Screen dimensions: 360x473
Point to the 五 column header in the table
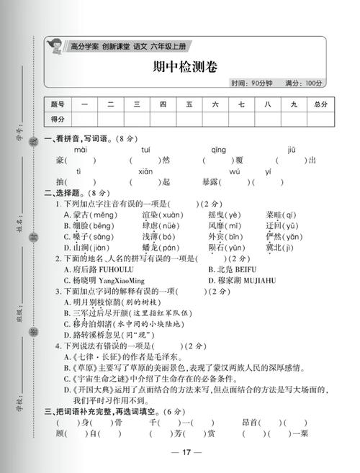(x=189, y=105)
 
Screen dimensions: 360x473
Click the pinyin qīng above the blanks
(x=218, y=149)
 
